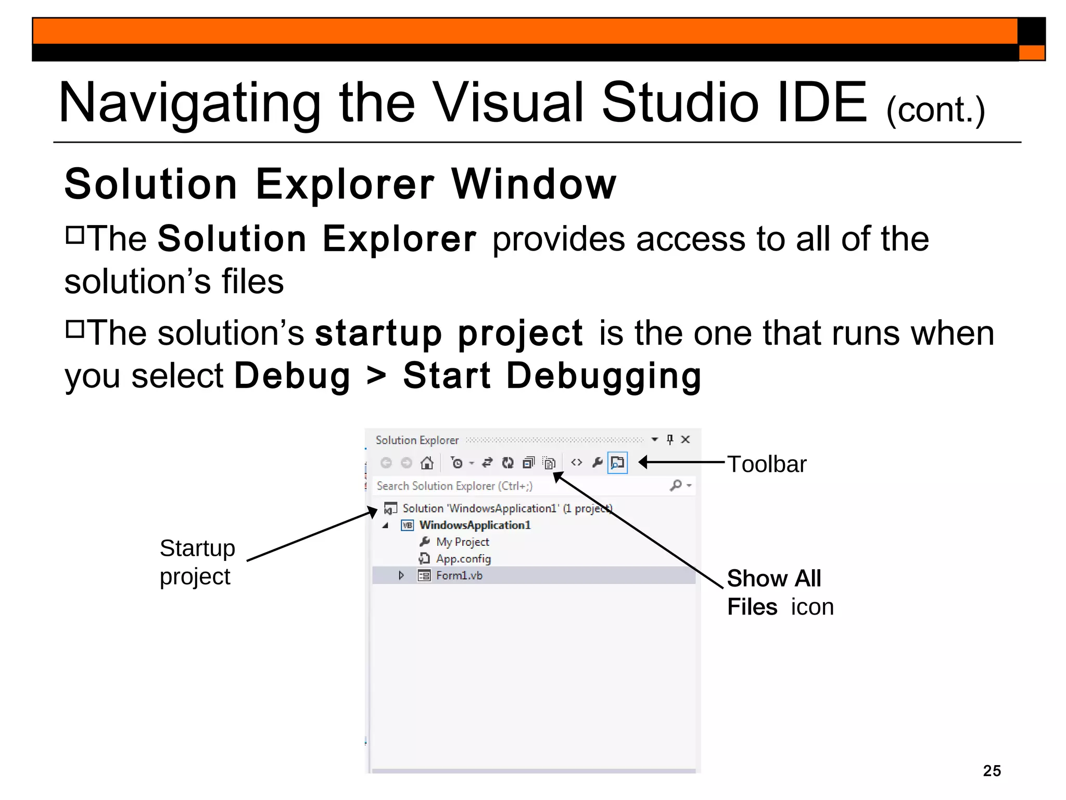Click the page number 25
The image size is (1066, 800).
click(992, 770)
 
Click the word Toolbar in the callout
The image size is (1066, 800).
click(766, 464)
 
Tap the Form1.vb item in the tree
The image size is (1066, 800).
click(459, 576)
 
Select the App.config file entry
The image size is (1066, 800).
click(463, 559)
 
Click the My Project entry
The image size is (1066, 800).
click(462, 542)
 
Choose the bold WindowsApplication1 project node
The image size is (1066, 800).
click(475, 525)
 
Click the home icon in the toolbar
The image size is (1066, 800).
click(427, 463)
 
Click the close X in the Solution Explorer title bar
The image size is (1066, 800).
click(686, 440)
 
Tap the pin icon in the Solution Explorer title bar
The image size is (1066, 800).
click(670, 440)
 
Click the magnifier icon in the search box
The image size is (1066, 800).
click(676, 485)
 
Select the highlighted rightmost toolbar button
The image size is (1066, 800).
click(617, 463)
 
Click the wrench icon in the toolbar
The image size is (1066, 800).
click(597, 463)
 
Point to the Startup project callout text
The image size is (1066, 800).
click(197, 562)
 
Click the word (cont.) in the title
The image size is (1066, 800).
click(935, 110)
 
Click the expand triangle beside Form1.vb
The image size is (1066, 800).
click(401, 576)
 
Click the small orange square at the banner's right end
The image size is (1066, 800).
click(1031, 53)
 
